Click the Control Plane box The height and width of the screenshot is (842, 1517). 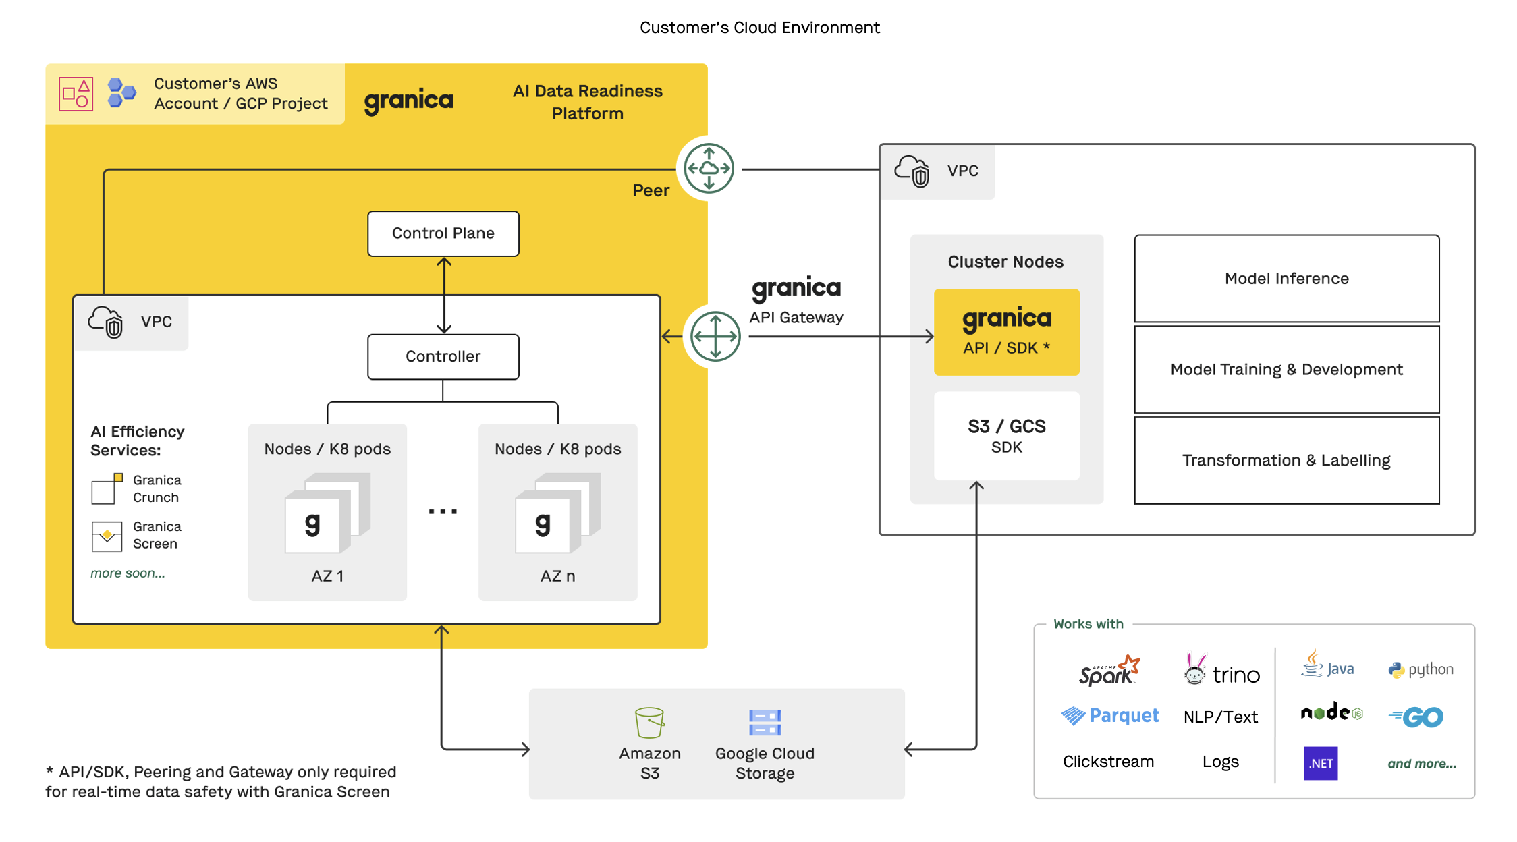tap(443, 233)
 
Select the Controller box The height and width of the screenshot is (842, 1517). tap(443, 356)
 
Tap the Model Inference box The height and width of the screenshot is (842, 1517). tap(1286, 279)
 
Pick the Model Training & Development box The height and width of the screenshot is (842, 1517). tap(1286, 370)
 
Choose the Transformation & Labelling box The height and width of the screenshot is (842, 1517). tap(1286, 460)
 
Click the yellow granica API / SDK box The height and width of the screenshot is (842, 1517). tap(1006, 332)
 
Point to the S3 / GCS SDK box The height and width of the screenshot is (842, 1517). tap(1006, 436)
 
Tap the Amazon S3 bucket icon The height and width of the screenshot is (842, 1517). tap(649, 723)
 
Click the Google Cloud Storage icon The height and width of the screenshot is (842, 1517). tap(765, 723)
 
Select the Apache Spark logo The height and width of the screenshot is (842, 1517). tap(1109, 671)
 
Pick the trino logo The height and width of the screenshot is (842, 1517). tap(1222, 671)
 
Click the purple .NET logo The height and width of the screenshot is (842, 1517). tap(1321, 763)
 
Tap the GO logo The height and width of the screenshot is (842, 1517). tap(1417, 717)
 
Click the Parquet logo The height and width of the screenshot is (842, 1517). tap(1109, 715)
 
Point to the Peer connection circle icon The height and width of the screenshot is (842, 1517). tap(709, 168)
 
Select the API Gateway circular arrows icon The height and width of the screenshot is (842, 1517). tap(715, 336)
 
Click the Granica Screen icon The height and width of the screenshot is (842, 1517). tap(107, 536)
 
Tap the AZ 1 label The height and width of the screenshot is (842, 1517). tap(327, 576)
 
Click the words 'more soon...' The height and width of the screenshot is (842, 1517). tap(128, 573)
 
